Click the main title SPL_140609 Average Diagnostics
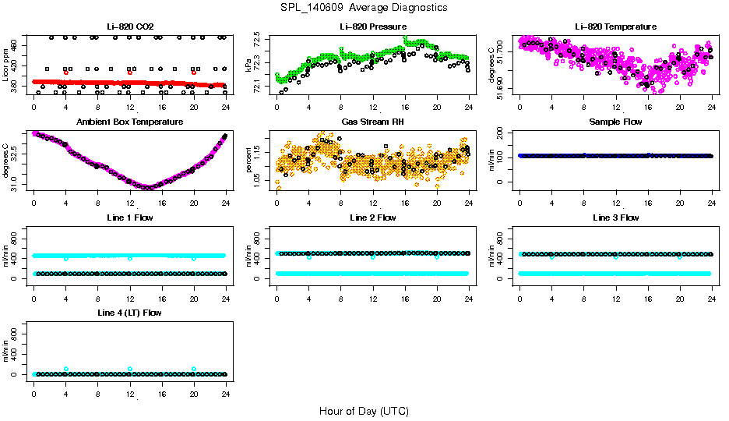pyautogui.click(x=364, y=7)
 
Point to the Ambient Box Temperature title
pyautogui.click(x=129, y=122)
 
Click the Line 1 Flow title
pyautogui.click(x=129, y=218)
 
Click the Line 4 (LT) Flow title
pyautogui.click(x=129, y=313)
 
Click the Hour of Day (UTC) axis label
pyautogui.click(x=364, y=411)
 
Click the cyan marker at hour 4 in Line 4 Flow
pyautogui.click(x=66, y=369)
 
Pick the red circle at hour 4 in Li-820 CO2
pyautogui.click(x=66, y=72)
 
